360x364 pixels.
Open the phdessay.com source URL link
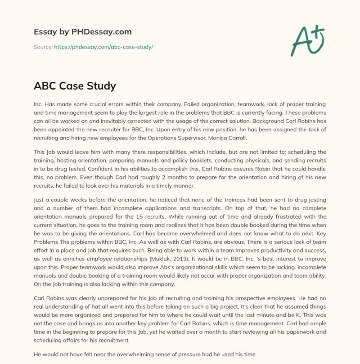[x=103, y=47]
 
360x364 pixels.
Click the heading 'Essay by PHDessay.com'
[x=83, y=32]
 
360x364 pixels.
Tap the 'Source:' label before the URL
[x=43, y=47]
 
